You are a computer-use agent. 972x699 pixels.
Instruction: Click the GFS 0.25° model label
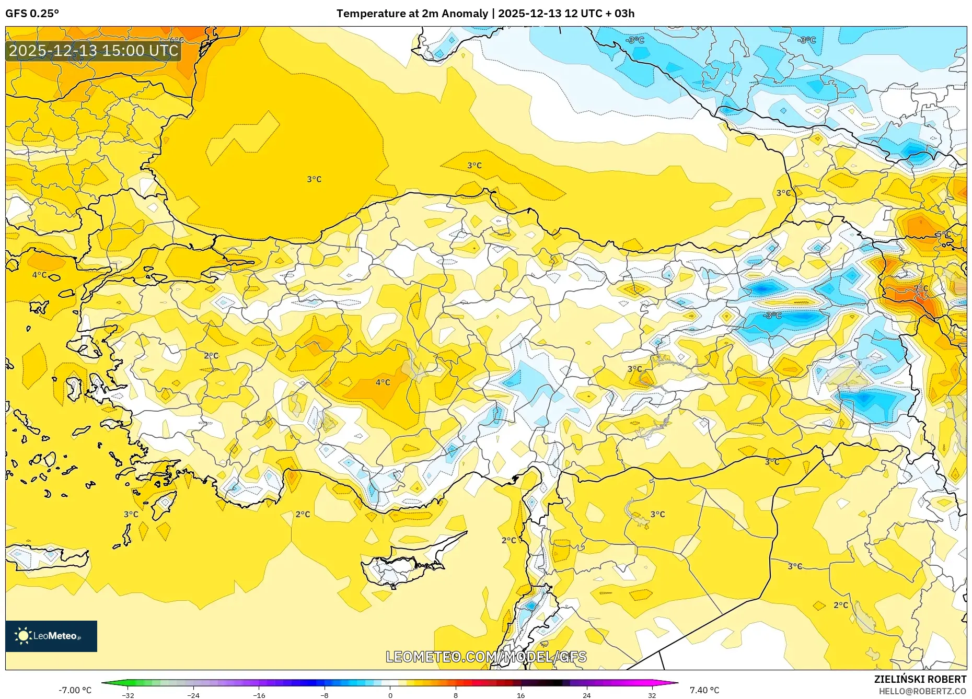click(32, 14)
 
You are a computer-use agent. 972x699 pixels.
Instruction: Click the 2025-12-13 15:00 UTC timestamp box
click(94, 51)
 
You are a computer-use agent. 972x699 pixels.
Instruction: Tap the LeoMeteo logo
click(51, 636)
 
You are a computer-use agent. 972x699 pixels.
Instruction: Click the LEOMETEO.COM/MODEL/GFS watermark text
click(486, 657)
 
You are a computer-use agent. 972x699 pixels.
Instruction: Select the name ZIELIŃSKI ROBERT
click(920, 679)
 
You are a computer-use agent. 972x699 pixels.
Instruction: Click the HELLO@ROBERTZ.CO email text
click(922, 691)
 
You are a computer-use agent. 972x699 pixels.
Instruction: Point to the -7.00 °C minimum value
click(75, 690)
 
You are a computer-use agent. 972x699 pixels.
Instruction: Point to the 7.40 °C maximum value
click(704, 690)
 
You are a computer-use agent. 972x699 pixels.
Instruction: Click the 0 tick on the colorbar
click(390, 695)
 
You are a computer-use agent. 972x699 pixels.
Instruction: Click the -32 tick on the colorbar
click(128, 695)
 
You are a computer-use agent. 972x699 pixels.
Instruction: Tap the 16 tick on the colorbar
click(520, 695)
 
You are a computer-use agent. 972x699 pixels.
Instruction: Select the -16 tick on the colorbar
click(259, 695)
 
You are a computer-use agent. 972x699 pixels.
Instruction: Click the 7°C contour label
click(921, 288)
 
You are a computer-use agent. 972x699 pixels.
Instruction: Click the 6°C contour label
click(177, 40)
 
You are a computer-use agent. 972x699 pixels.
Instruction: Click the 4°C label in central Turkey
click(383, 382)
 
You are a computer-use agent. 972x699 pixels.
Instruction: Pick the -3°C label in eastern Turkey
click(772, 316)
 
